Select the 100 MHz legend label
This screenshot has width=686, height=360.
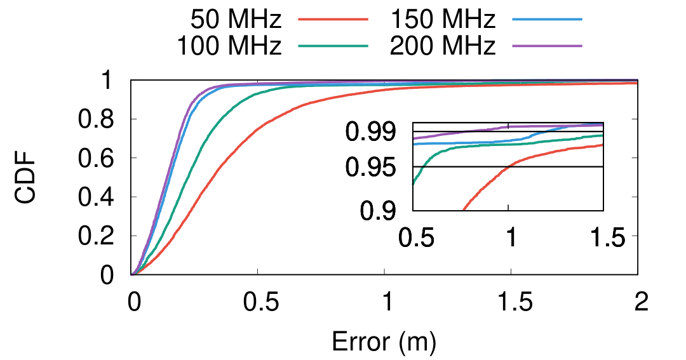coord(229,46)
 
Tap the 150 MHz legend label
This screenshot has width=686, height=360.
coord(443,20)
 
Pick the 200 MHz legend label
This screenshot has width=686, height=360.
coord(443,46)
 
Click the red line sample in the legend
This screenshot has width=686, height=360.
coord(333,20)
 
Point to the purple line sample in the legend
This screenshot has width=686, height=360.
coord(547,46)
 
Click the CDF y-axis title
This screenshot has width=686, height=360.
coord(27,178)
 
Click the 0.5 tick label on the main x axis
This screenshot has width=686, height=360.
coord(257,302)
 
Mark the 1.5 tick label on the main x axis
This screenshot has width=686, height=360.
coord(511,302)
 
